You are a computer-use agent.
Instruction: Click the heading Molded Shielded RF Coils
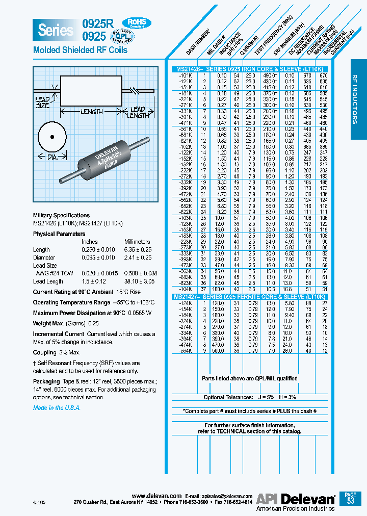coord(80,50)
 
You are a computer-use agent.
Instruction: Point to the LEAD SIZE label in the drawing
coord(42,102)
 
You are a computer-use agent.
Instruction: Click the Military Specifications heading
coord(61,215)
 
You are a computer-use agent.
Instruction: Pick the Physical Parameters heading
coord(59,234)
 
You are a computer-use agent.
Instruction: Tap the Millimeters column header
coord(137,242)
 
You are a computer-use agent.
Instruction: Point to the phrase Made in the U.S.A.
coord(57,408)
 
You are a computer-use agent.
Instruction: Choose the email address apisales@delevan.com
coord(226,496)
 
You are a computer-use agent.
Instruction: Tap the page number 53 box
coord(350,498)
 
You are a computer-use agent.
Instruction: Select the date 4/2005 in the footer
coord(38,502)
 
